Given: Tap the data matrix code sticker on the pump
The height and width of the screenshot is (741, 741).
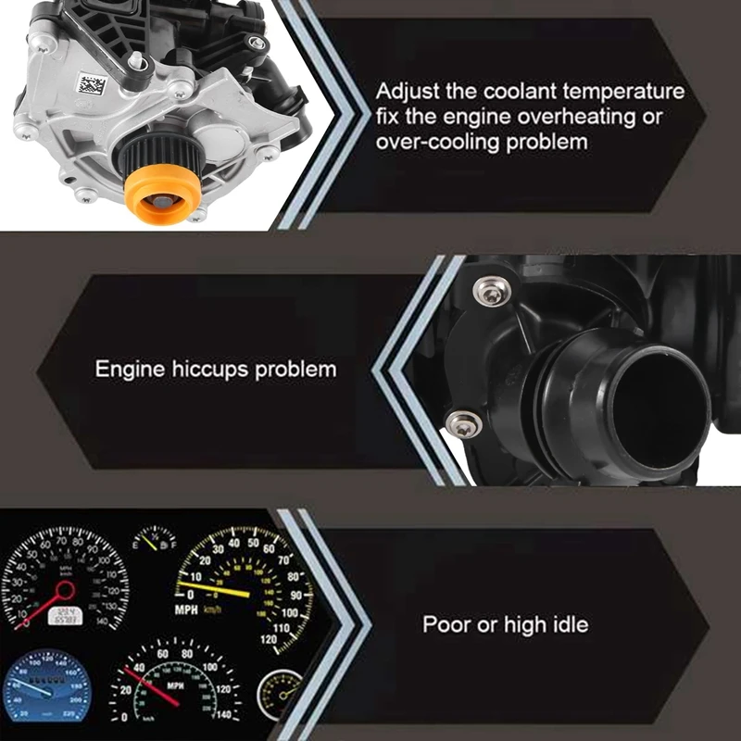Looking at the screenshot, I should (91, 85).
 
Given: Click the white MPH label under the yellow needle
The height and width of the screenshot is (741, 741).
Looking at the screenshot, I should (188, 610).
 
